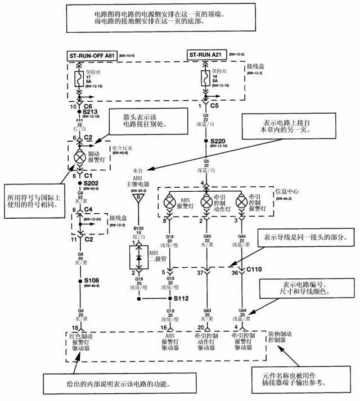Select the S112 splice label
[x=181, y=299]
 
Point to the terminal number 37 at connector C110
[x=200, y=273]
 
